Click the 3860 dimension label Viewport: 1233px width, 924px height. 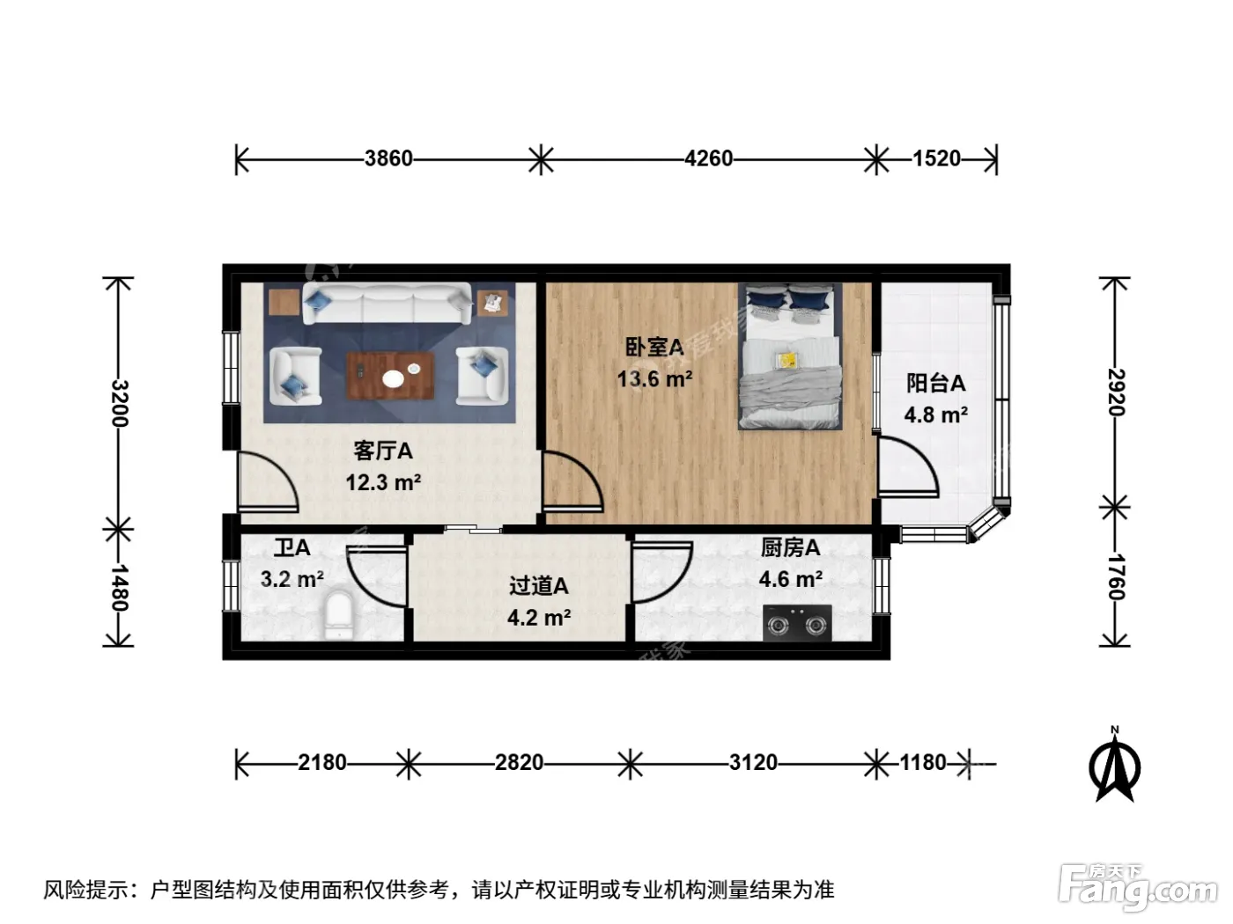pos(388,158)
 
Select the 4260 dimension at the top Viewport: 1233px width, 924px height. pos(708,158)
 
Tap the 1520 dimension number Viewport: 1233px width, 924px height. pos(936,158)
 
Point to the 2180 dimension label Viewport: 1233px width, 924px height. pos(321,763)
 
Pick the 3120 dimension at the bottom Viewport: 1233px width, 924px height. pos(753,763)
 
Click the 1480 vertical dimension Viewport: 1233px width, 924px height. pos(120,587)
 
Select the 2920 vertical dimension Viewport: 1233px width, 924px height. pos(1116,392)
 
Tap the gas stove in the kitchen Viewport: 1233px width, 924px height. pos(797,623)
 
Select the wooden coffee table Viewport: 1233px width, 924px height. pos(390,376)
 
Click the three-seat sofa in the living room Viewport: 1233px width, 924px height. pos(387,304)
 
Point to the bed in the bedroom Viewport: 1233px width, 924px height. pos(789,356)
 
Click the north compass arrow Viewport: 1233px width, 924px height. pos(1114,766)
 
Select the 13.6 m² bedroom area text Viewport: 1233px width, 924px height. pos(654,379)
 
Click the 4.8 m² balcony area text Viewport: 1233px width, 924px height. pos(935,415)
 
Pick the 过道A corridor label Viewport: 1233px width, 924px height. pos(539,586)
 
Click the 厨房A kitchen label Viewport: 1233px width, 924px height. pos(790,547)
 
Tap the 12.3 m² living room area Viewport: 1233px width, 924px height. pos(383,482)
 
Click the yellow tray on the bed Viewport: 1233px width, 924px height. pos(786,360)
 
